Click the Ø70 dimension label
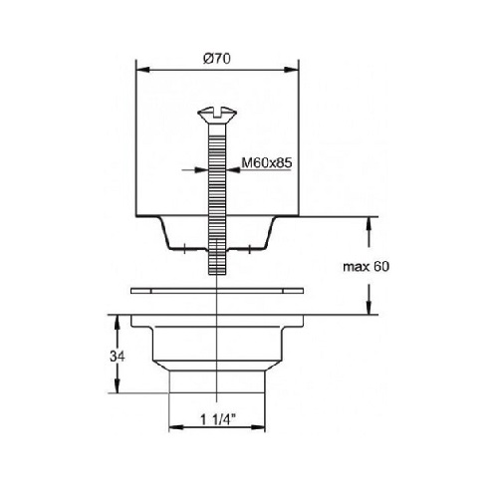coord(217,59)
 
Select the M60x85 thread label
coord(267,162)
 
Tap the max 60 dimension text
coord(366,266)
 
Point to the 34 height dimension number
coord(118,357)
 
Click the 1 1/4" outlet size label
coord(218,419)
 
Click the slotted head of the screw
coord(217,114)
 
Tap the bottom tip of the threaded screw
coord(217,274)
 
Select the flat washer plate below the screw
coord(217,291)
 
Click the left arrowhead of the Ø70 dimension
coord(142,70)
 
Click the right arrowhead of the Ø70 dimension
coord(292,70)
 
